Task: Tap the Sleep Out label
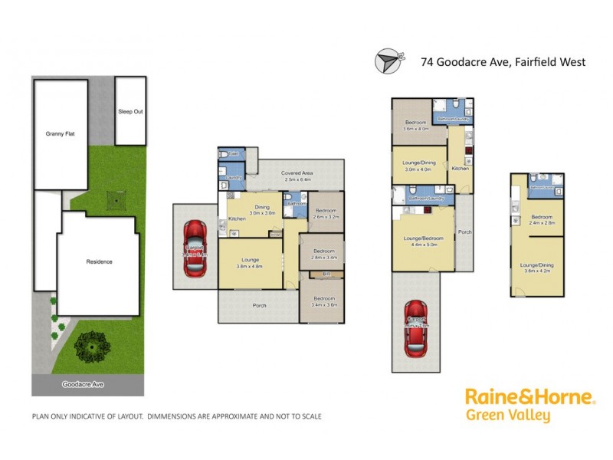(x=130, y=112)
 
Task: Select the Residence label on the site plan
(x=99, y=262)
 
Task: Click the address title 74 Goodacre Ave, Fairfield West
(x=502, y=62)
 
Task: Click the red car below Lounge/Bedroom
(x=416, y=330)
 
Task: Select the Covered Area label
(x=297, y=176)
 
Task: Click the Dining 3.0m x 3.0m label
(x=261, y=209)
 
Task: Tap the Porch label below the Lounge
(x=260, y=306)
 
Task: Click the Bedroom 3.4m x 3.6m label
(x=323, y=301)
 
